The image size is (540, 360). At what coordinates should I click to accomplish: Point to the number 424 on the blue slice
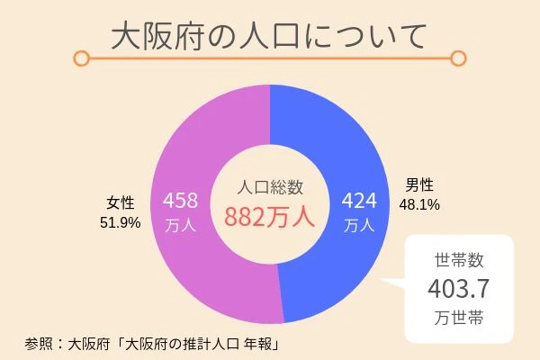(x=359, y=198)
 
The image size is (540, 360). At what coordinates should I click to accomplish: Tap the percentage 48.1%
(x=419, y=205)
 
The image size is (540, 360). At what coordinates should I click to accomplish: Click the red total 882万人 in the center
(x=269, y=217)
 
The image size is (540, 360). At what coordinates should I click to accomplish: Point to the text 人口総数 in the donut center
(x=269, y=188)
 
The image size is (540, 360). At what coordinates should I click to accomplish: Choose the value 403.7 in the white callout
(x=459, y=289)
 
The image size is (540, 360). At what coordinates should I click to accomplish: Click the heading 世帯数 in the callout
(x=459, y=261)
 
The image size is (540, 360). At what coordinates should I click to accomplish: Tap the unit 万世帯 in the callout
(x=459, y=318)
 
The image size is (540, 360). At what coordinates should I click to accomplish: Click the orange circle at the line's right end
(x=458, y=59)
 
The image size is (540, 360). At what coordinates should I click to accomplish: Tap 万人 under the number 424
(x=359, y=226)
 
